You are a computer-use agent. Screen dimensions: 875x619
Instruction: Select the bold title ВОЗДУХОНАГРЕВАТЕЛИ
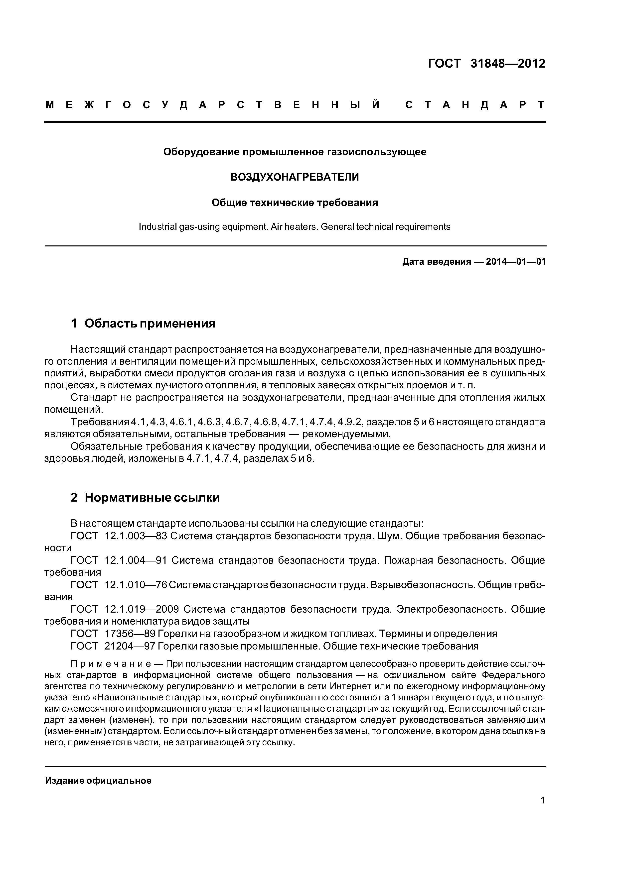coord(295,177)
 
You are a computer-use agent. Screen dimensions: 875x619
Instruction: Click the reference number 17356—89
coord(129,633)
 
